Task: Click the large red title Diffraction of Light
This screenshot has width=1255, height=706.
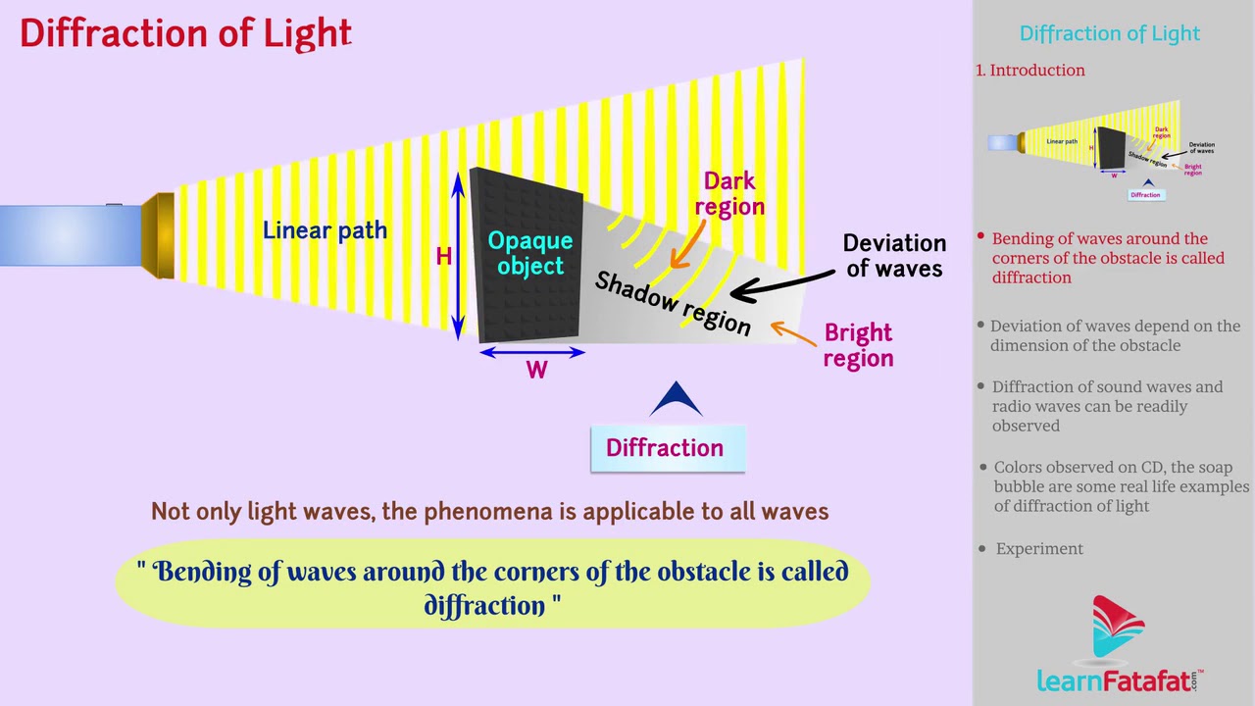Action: [x=185, y=33]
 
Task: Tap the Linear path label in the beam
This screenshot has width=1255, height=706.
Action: [x=325, y=230]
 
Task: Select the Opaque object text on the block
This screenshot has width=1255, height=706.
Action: [x=529, y=253]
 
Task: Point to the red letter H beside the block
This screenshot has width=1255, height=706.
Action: [x=444, y=257]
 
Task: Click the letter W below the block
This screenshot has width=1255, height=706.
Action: [x=536, y=371]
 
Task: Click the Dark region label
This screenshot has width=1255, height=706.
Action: [x=729, y=193]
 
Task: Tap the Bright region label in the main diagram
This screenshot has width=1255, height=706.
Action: [x=858, y=345]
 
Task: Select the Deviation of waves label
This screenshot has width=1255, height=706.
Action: [x=894, y=256]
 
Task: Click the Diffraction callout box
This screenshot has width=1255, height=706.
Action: [x=667, y=448]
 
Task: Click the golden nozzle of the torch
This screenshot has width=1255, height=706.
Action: [x=159, y=235]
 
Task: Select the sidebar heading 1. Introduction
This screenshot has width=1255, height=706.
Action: [x=1030, y=71]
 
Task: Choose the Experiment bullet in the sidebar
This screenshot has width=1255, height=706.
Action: [x=1039, y=549]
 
